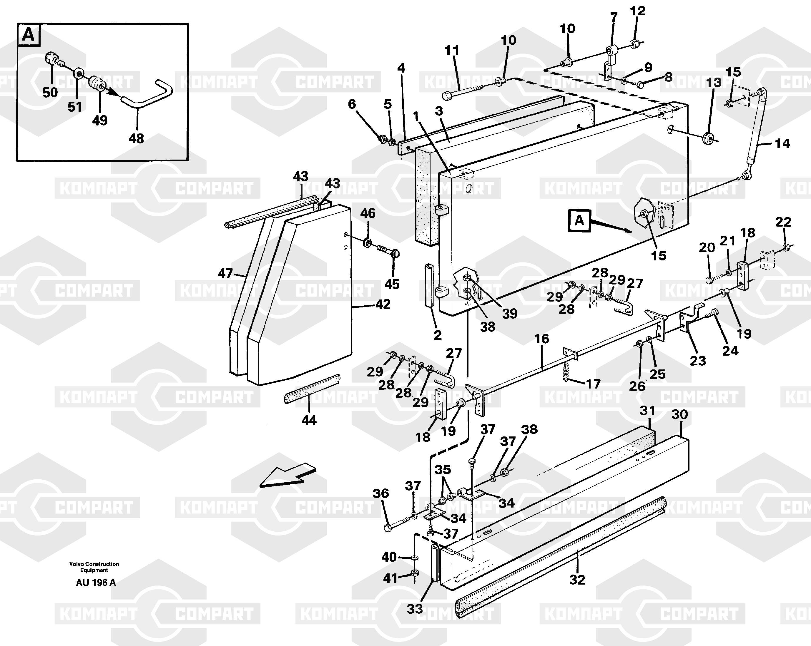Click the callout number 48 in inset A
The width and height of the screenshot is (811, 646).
tap(136, 138)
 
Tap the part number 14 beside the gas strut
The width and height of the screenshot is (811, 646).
tap(782, 143)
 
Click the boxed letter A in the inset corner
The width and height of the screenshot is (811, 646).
tap(29, 35)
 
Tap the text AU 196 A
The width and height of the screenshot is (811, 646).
tap(96, 583)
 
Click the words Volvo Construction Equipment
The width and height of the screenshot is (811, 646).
tap(94, 567)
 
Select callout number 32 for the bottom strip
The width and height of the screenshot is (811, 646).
tap(577, 580)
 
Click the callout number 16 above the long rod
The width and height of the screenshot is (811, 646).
tap(542, 339)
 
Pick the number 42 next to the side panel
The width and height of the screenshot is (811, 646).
tap(383, 304)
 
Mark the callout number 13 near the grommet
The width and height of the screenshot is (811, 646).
tap(714, 82)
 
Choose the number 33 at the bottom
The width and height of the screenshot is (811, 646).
tap(415, 608)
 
